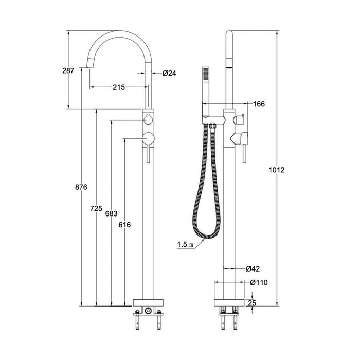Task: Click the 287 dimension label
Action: [x=68, y=70]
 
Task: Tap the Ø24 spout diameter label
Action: [x=169, y=73]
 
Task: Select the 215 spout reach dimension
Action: [x=119, y=87]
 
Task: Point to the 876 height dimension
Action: [x=81, y=187]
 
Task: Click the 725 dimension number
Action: [x=96, y=208]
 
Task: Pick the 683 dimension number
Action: [x=112, y=214]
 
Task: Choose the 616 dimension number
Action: [x=124, y=225]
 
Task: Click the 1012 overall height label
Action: [x=277, y=170]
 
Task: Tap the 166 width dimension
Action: [x=259, y=104]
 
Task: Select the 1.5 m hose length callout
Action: [x=185, y=244]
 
